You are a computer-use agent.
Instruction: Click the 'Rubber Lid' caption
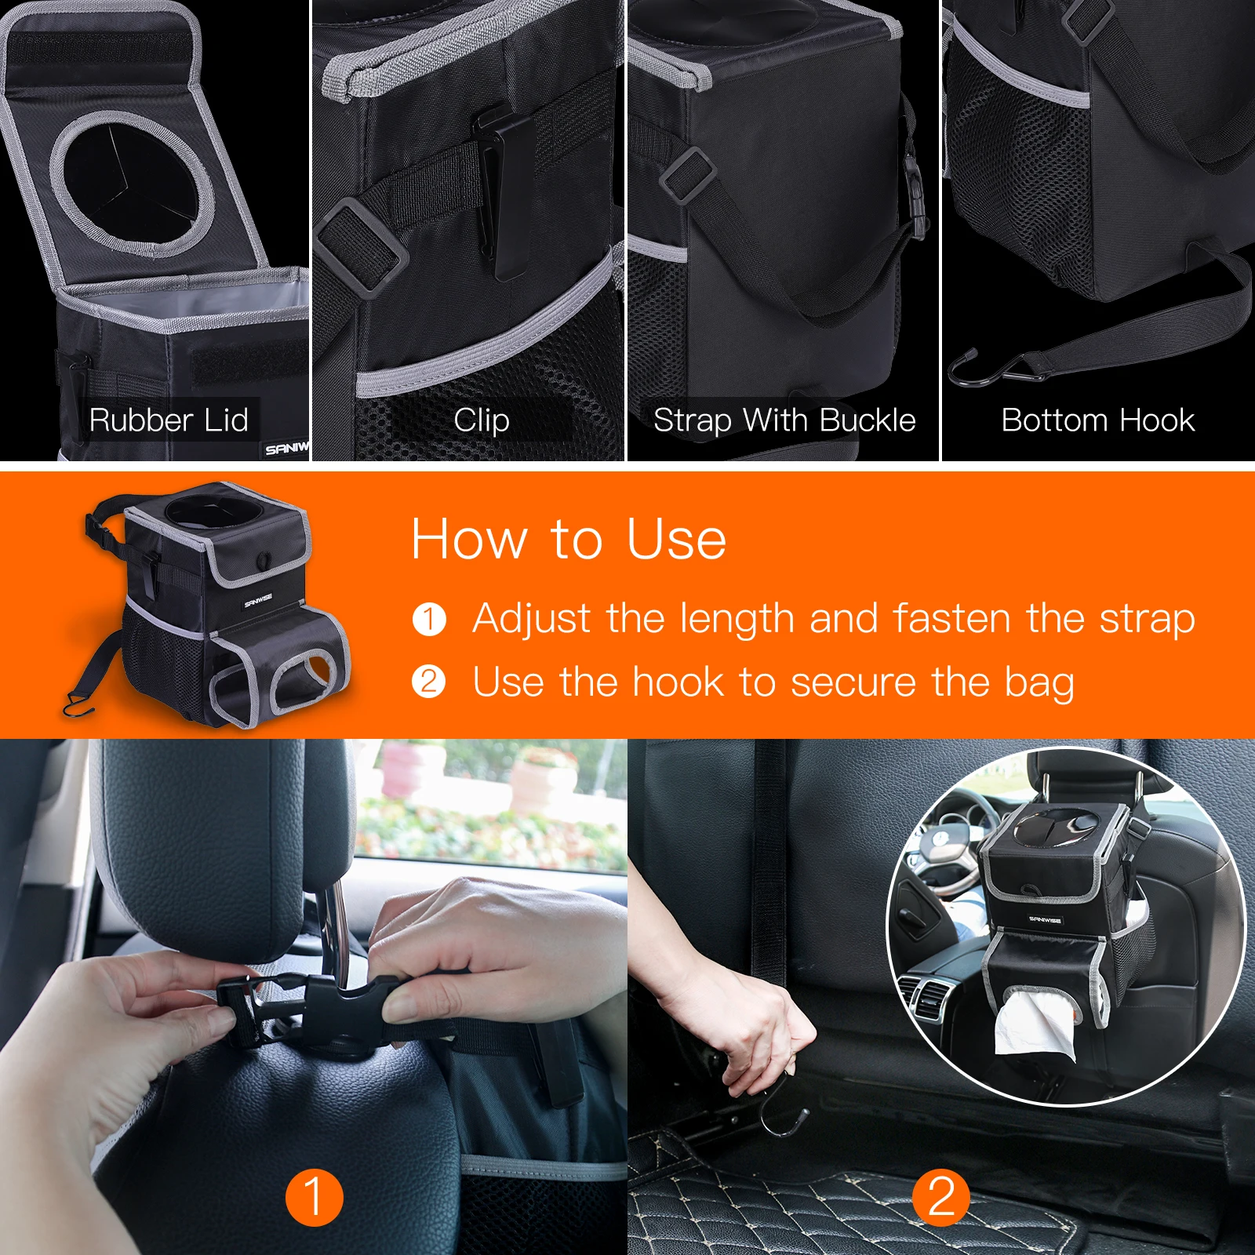[x=169, y=420]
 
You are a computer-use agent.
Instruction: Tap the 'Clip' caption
[x=482, y=421]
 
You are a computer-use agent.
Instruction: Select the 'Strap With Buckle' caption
[x=784, y=421]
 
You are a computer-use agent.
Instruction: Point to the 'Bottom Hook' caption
[x=1097, y=420]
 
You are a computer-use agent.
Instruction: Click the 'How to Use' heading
[x=569, y=539]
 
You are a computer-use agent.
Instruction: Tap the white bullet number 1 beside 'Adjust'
[x=429, y=619]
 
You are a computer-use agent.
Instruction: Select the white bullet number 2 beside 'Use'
[x=429, y=682]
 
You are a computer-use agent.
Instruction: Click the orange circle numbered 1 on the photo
[x=314, y=1197]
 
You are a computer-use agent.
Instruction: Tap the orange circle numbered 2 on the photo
[x=941, y=1197]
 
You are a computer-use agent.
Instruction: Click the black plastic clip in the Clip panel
[x=502, y=192]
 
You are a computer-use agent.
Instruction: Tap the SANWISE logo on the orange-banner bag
[x=258, y=600]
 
